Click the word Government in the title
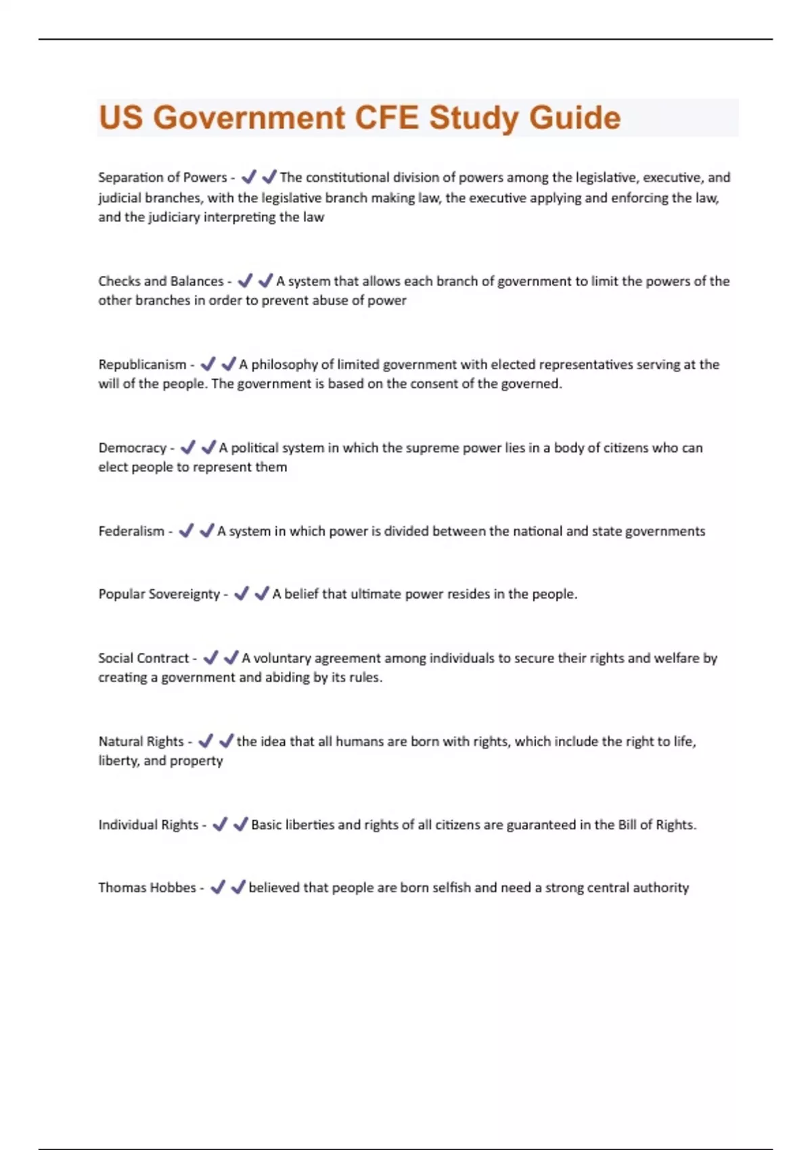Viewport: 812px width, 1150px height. tap(249, 118)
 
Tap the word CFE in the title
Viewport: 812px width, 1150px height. tap(386, 118)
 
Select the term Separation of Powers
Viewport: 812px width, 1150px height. tap(162, 177)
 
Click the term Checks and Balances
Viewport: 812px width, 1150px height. tap(160, 281)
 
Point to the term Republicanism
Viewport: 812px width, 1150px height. tap(142, 365)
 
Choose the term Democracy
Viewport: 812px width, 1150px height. tap(132, 448)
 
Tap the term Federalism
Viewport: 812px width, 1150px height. tap(131, 531)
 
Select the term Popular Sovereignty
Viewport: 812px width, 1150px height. tap(159, 594)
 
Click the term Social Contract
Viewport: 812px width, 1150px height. tap(143, 658)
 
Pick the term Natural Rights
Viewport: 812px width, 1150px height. tap(141, 741)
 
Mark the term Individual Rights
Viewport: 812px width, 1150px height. tap(148, 825)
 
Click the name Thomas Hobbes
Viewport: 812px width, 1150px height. tap(147, 888)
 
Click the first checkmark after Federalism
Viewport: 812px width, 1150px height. tap(186, 531)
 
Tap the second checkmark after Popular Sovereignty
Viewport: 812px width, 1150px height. tap(261, 594)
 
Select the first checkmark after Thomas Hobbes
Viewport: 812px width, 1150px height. tap(217, 887)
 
